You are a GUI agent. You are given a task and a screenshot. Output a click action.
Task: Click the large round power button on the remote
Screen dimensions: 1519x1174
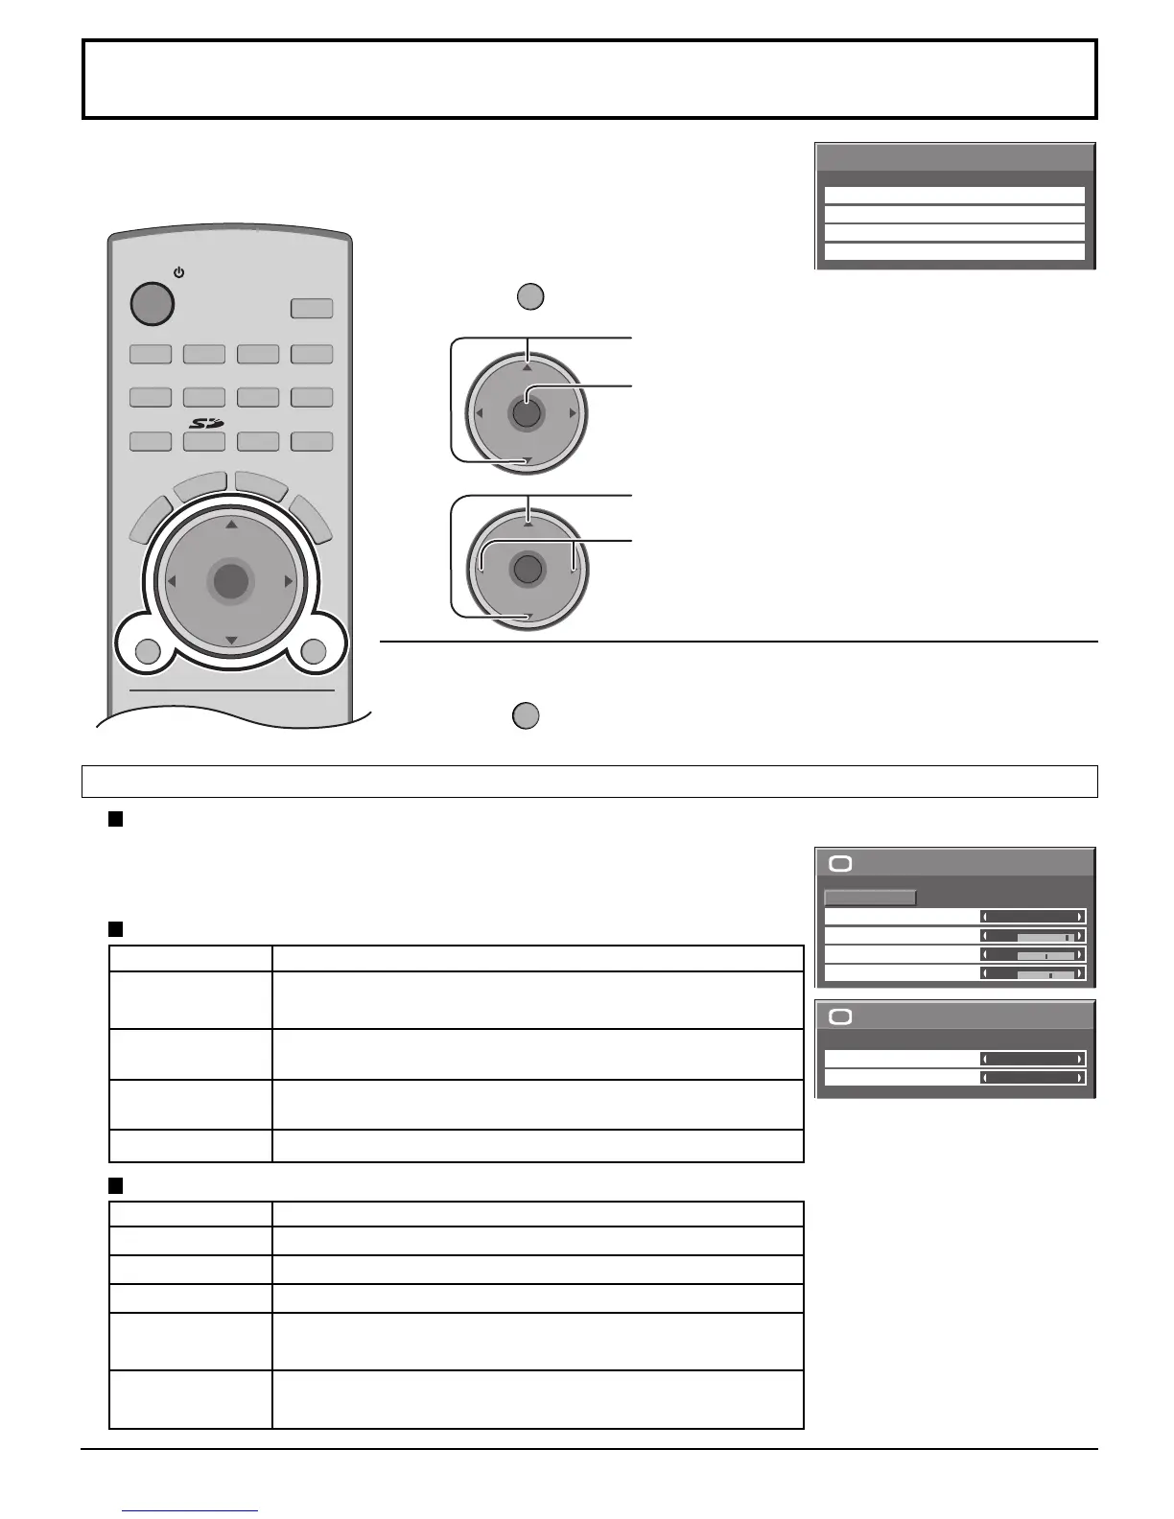tap(152, 303)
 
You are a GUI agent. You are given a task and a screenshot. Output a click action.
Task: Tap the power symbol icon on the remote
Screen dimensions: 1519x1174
tap(178, 273)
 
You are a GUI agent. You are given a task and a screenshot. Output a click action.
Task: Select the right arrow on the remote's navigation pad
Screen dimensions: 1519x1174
tap(288, 581)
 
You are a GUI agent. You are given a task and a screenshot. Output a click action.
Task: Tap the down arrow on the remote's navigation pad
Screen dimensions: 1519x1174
tap(230, 640)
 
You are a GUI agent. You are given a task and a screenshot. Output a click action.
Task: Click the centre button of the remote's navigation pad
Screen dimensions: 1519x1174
tap(230, 581)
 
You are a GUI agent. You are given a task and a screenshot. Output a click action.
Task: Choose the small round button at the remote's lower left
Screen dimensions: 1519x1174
tap(148, 652)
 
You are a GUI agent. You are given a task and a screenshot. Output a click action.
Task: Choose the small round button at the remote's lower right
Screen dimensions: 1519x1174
tap(314, 652)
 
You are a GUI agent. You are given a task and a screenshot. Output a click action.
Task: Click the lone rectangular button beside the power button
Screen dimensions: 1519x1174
tap(312, 309)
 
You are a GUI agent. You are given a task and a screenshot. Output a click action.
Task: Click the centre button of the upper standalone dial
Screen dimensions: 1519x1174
tap(526, 413)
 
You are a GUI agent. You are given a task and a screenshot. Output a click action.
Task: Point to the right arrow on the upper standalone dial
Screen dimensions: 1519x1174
tap(572, 413)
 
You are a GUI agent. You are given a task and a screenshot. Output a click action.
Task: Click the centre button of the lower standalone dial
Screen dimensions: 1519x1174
tap(527, 569)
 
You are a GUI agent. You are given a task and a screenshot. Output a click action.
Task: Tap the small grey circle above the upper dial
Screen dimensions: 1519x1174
tap(530, 296)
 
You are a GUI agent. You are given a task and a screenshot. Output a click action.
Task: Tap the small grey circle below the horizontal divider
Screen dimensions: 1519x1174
tap(526, 716)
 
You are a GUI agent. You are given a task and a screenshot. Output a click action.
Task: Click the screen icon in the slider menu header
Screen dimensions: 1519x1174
tap(840, 864)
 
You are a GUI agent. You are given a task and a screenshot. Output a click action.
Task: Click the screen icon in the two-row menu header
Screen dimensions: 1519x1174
tap(840, 1017)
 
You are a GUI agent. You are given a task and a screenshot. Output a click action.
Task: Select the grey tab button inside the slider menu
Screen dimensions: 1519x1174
tap(870, 899)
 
